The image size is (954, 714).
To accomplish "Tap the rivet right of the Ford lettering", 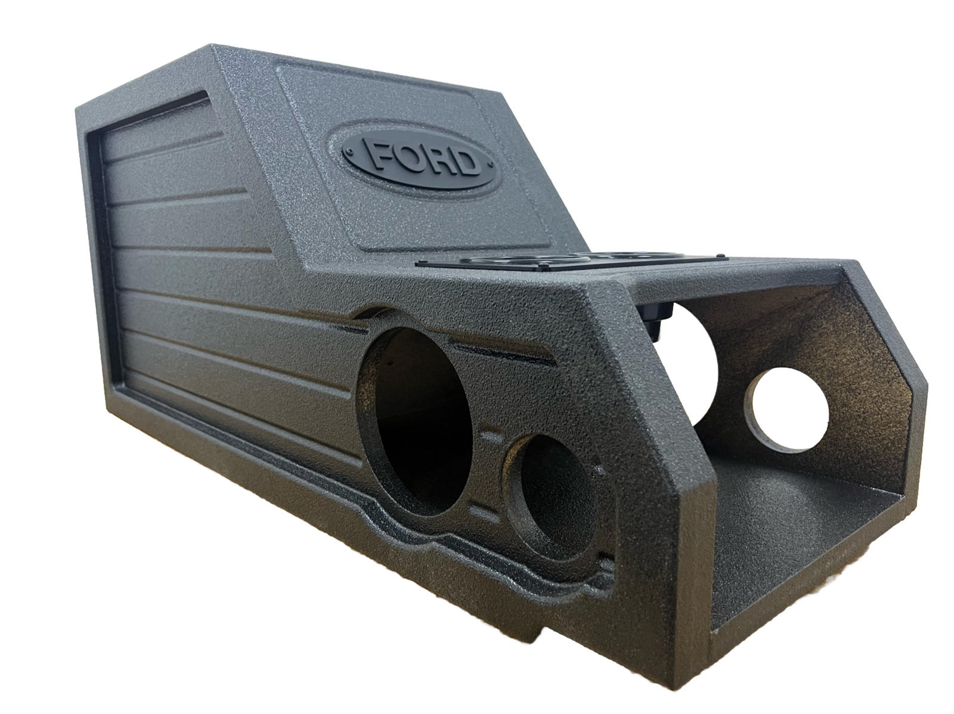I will (489, 163).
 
